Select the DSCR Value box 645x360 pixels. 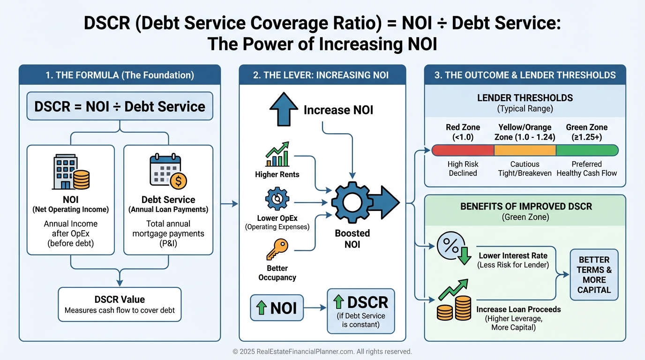120,304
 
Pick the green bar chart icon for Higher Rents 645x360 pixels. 277,156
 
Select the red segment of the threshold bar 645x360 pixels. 463,150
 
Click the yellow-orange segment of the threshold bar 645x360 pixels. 525,150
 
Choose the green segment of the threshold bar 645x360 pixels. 587,150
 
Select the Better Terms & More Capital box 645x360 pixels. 594,275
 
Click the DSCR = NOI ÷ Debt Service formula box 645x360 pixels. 120,106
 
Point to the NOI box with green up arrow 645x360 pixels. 277,307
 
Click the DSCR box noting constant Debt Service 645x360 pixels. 360,311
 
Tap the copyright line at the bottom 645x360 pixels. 322,351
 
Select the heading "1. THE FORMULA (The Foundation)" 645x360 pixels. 120,75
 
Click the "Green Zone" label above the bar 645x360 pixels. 586,127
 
